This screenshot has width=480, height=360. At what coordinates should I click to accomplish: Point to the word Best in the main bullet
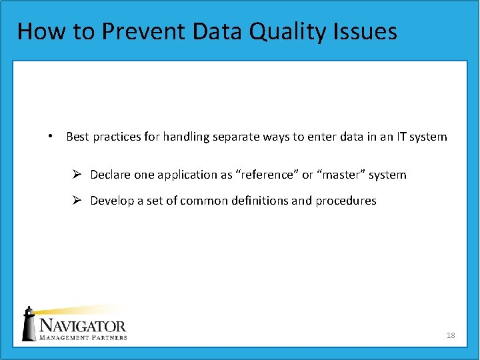point(77,137)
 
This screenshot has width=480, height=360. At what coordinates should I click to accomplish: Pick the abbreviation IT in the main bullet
point(399,137)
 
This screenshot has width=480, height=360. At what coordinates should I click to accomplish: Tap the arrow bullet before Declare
point(77,175)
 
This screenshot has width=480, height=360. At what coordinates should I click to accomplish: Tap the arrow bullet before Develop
point(77,201)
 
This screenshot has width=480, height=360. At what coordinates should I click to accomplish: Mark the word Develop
point(111,201)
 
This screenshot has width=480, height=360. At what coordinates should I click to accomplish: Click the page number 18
point(451,335)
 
